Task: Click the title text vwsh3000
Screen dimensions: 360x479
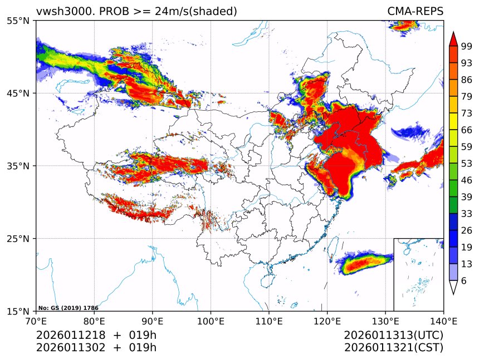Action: click(x=62, y=11)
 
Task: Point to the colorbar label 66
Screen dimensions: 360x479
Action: click(x=467, y=130)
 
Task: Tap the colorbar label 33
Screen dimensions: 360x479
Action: click(x=467, y=214)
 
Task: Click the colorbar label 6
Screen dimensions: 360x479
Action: click(x=464, y=281)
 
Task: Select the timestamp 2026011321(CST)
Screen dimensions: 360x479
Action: click(x=393, y=348)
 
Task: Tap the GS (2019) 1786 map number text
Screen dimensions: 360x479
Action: click(x=69, y=308)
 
